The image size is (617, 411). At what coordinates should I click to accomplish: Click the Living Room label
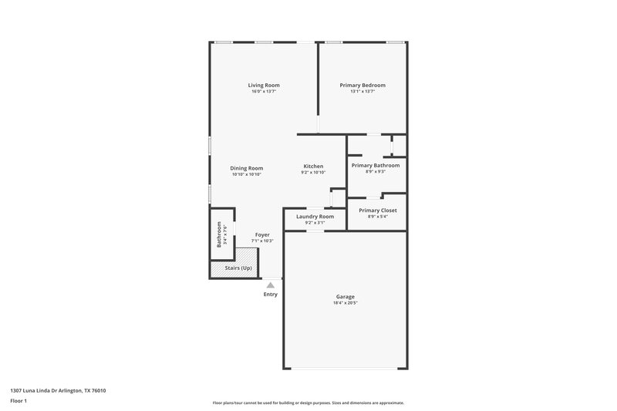264,85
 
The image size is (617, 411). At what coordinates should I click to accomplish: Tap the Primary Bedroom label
362,85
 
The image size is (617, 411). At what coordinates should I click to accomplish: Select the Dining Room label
247,168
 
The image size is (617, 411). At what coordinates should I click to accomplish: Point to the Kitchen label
313,167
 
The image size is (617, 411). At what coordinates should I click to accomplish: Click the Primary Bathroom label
376,165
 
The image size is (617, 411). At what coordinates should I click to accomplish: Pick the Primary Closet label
377,210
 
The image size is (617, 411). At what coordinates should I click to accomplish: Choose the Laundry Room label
315,217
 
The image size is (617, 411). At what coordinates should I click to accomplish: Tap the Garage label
345,297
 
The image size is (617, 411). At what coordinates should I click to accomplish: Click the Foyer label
262,234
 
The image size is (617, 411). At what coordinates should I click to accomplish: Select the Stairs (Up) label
238,268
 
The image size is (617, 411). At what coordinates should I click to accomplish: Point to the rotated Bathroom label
219,234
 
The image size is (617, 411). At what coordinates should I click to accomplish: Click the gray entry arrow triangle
270,285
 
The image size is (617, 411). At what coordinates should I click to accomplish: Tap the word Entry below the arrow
270,295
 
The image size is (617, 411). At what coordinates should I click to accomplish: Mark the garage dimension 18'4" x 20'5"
345,303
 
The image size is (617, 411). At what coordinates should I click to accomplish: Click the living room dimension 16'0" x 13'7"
264,92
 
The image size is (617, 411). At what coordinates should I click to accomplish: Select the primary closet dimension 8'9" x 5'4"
377,217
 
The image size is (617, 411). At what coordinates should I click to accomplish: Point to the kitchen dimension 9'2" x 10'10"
313,173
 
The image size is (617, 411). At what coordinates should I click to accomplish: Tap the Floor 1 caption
19,402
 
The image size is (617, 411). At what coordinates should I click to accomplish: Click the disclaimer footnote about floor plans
308,403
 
